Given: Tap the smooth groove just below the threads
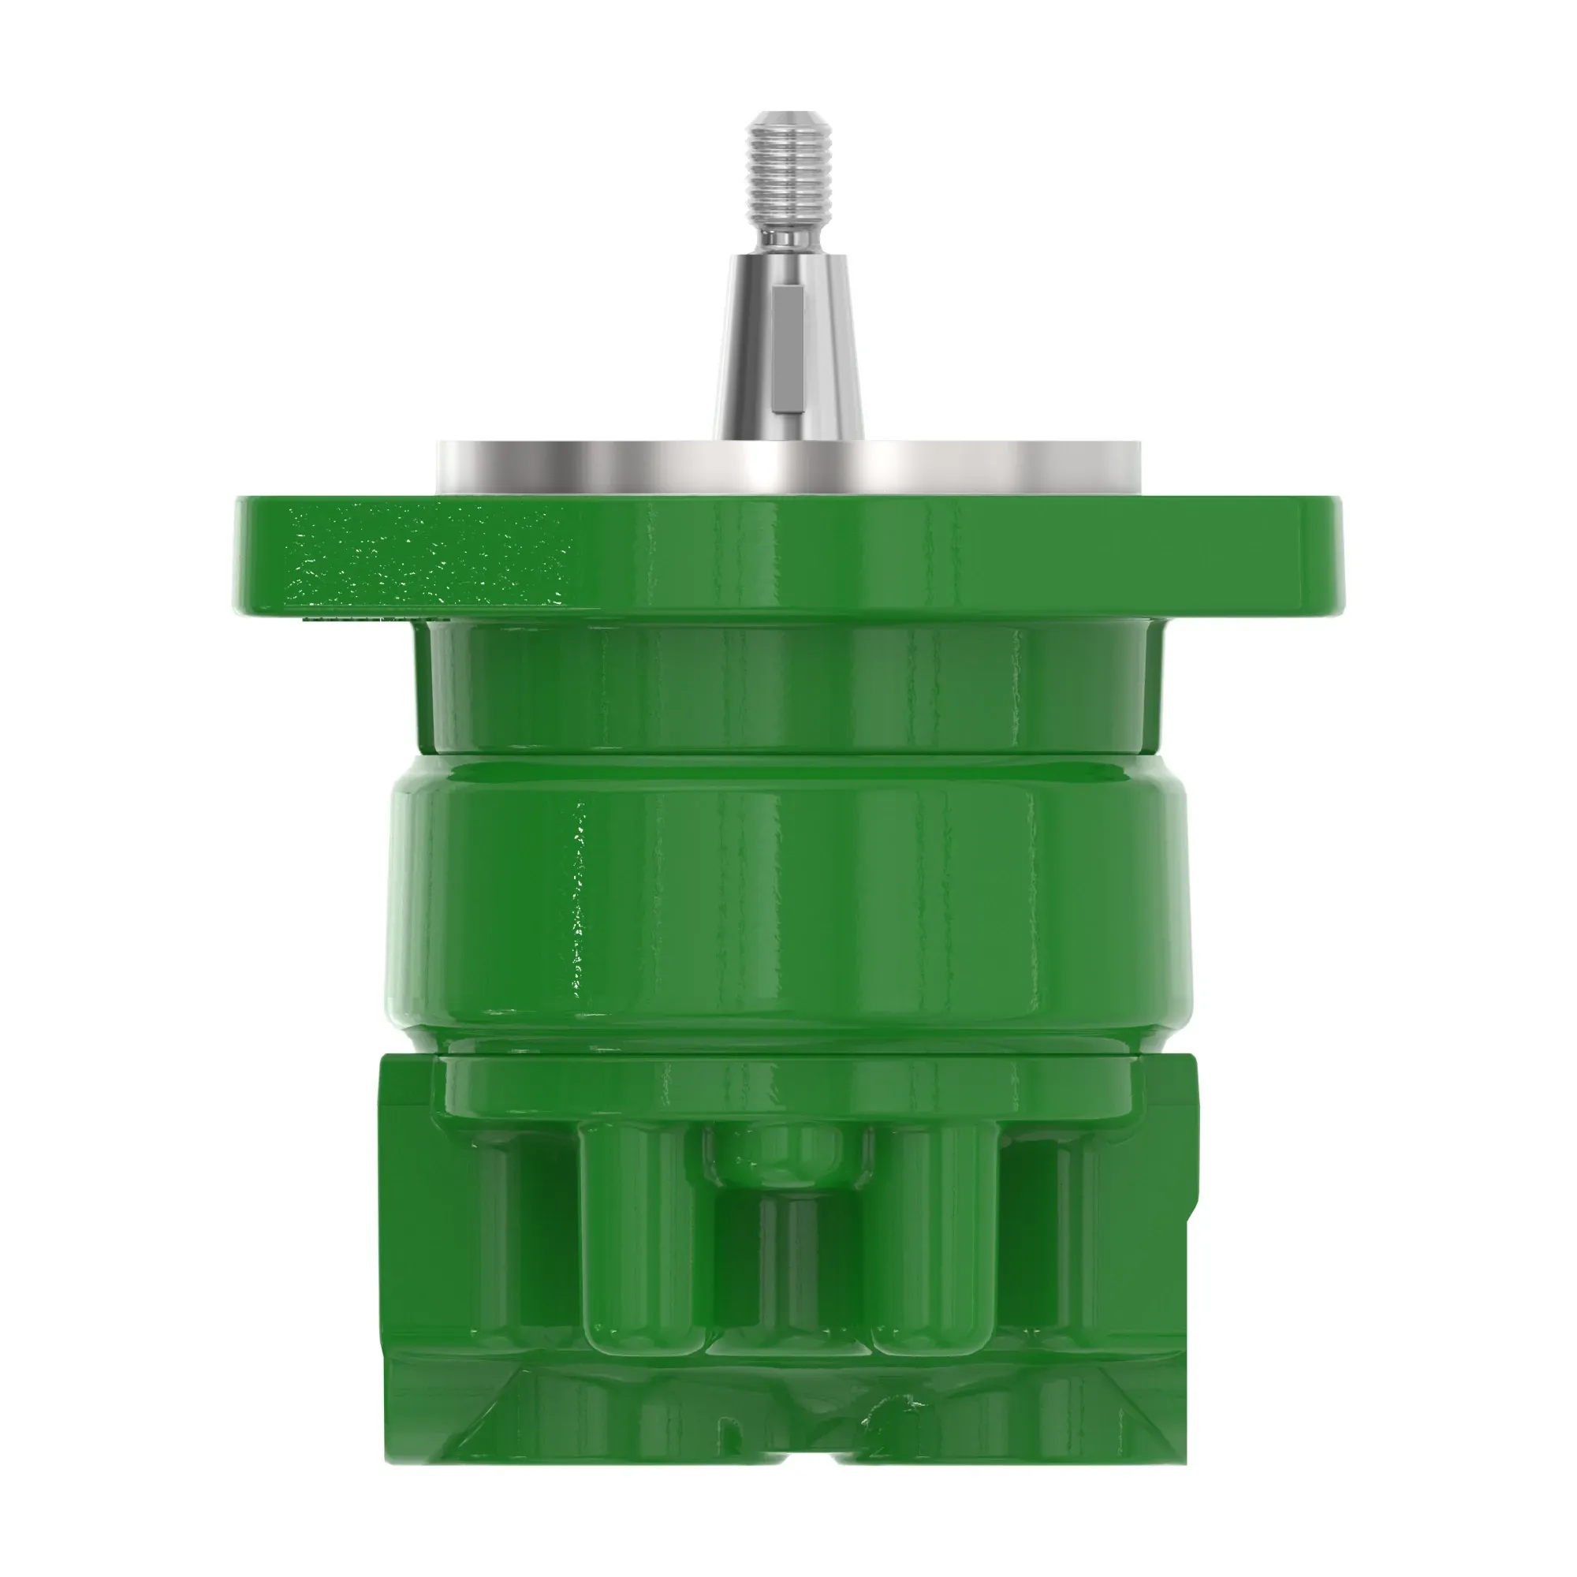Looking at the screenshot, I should [788, 238].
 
